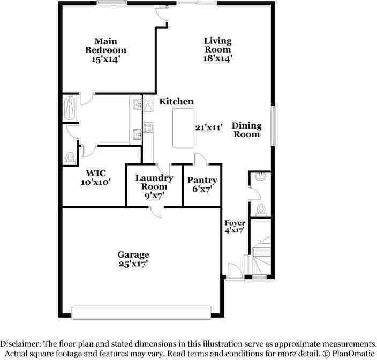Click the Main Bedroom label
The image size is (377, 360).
pyautogui.click(x=105, y=46)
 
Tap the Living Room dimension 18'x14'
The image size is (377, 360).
pyautogui.click(x=217, y=59)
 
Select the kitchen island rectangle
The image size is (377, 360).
pyautogui.click(x=184, y=127)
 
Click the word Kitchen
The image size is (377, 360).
pyautogui.click(x=177, y=102)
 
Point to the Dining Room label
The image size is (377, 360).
pyautogui.click(x=246, y=130)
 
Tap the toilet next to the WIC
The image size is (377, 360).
pyautogui.click(x=70, y=157)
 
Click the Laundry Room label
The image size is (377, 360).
pyautogui.click(x=154, y=182)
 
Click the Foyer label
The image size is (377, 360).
pyautogui.click(x=235, y=223)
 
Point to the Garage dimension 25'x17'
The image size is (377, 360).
pyautogui.click(x=133, y=264)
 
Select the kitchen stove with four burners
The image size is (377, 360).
pyautogui.click(x=148, y=127)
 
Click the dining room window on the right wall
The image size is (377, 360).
pyautogui.click(x=273, y=126)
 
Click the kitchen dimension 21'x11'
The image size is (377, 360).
pyautogui.click(x=209, y=127)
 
